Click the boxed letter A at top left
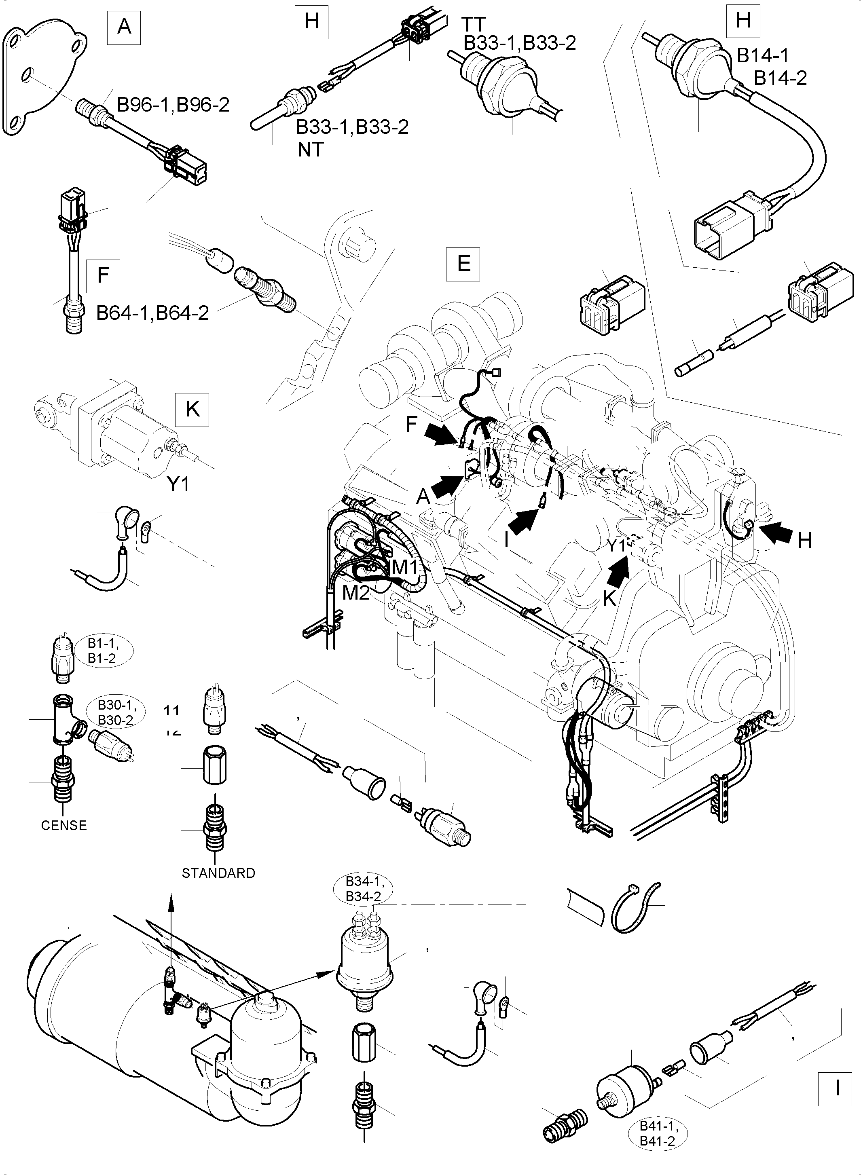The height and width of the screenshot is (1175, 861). coord(124,25)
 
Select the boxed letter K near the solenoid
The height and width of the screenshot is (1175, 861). coord(193,410)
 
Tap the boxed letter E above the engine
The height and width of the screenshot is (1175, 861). coord(463,264)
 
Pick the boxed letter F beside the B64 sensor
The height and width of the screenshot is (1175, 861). coord(103,275)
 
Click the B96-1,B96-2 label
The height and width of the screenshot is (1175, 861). coord(173,105)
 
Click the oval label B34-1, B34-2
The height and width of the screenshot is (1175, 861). coord(363,889)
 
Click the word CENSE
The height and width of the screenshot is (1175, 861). coord(63,825)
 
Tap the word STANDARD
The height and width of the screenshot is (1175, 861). coord(218,873)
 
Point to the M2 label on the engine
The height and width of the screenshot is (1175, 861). coord(355,592)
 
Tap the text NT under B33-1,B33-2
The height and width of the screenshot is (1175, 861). coord(311,150)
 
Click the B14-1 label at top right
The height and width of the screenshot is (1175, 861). coord(762,55)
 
